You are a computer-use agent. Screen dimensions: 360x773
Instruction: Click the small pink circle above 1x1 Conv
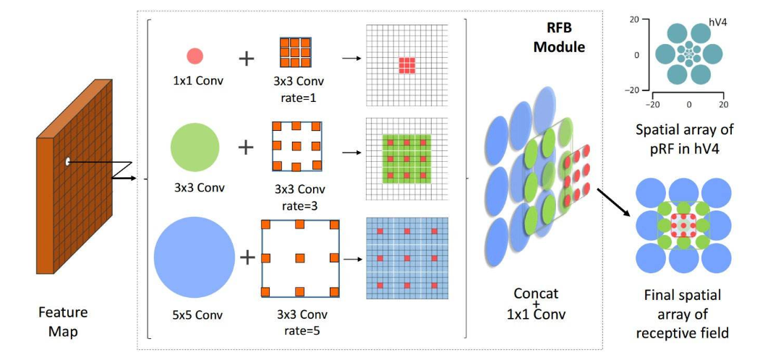click(195, 56)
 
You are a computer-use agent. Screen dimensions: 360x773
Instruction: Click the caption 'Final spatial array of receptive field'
click(682, 314)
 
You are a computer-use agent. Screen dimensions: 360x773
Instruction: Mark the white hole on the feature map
click(67, 161)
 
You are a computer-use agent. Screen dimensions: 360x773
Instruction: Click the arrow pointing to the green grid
click(351, 153)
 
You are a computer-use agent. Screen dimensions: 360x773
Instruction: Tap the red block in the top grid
click(407, 65)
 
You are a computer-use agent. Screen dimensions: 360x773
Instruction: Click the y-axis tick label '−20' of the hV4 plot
click(633, 90)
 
